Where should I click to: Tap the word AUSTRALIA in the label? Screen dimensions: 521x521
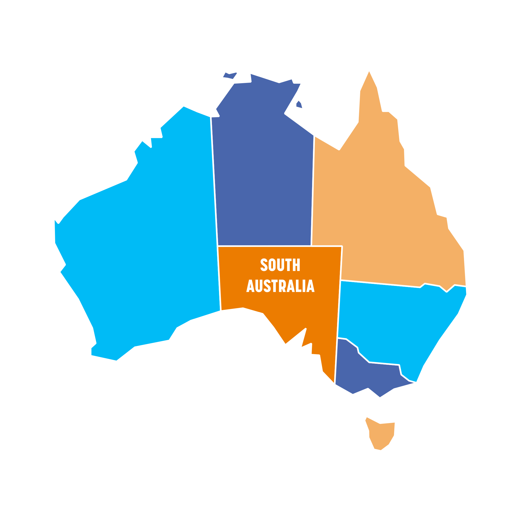click(280, 286)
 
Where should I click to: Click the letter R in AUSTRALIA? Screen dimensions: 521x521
click(282, 286)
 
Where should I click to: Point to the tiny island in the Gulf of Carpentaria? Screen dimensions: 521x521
click(299, 104)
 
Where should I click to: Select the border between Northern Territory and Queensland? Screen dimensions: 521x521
click(313, 189)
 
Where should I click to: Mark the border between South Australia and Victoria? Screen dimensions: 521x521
click(337, 359)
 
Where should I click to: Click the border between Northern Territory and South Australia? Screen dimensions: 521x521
click(264, 246)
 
